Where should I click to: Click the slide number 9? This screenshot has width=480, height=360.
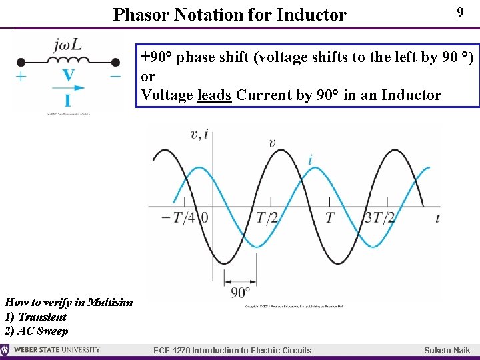click(x=459, y=13)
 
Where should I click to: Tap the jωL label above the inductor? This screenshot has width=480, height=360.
click(x=67, y=45)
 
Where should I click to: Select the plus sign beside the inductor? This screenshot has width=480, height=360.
click(x=21, y=76)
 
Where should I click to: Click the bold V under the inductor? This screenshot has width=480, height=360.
click(x=68, y=75)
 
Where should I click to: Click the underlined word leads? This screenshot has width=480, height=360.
click(x=215, y=95)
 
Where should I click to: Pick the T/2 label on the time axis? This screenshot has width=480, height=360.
click(x=267, y=217)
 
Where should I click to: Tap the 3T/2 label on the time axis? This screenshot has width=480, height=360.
click(x=380, y=217)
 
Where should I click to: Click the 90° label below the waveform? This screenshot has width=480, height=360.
click(x=240, y=292)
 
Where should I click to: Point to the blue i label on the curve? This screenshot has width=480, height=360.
click(x=310, y=160)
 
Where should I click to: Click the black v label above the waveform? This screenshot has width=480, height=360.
click(x=272, y=142)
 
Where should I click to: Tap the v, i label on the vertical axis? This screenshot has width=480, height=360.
click(x=199, y=135)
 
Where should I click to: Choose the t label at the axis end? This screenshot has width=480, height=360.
click(x=437, y=217)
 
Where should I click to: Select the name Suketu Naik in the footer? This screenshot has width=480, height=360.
click(x=447, y=351)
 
